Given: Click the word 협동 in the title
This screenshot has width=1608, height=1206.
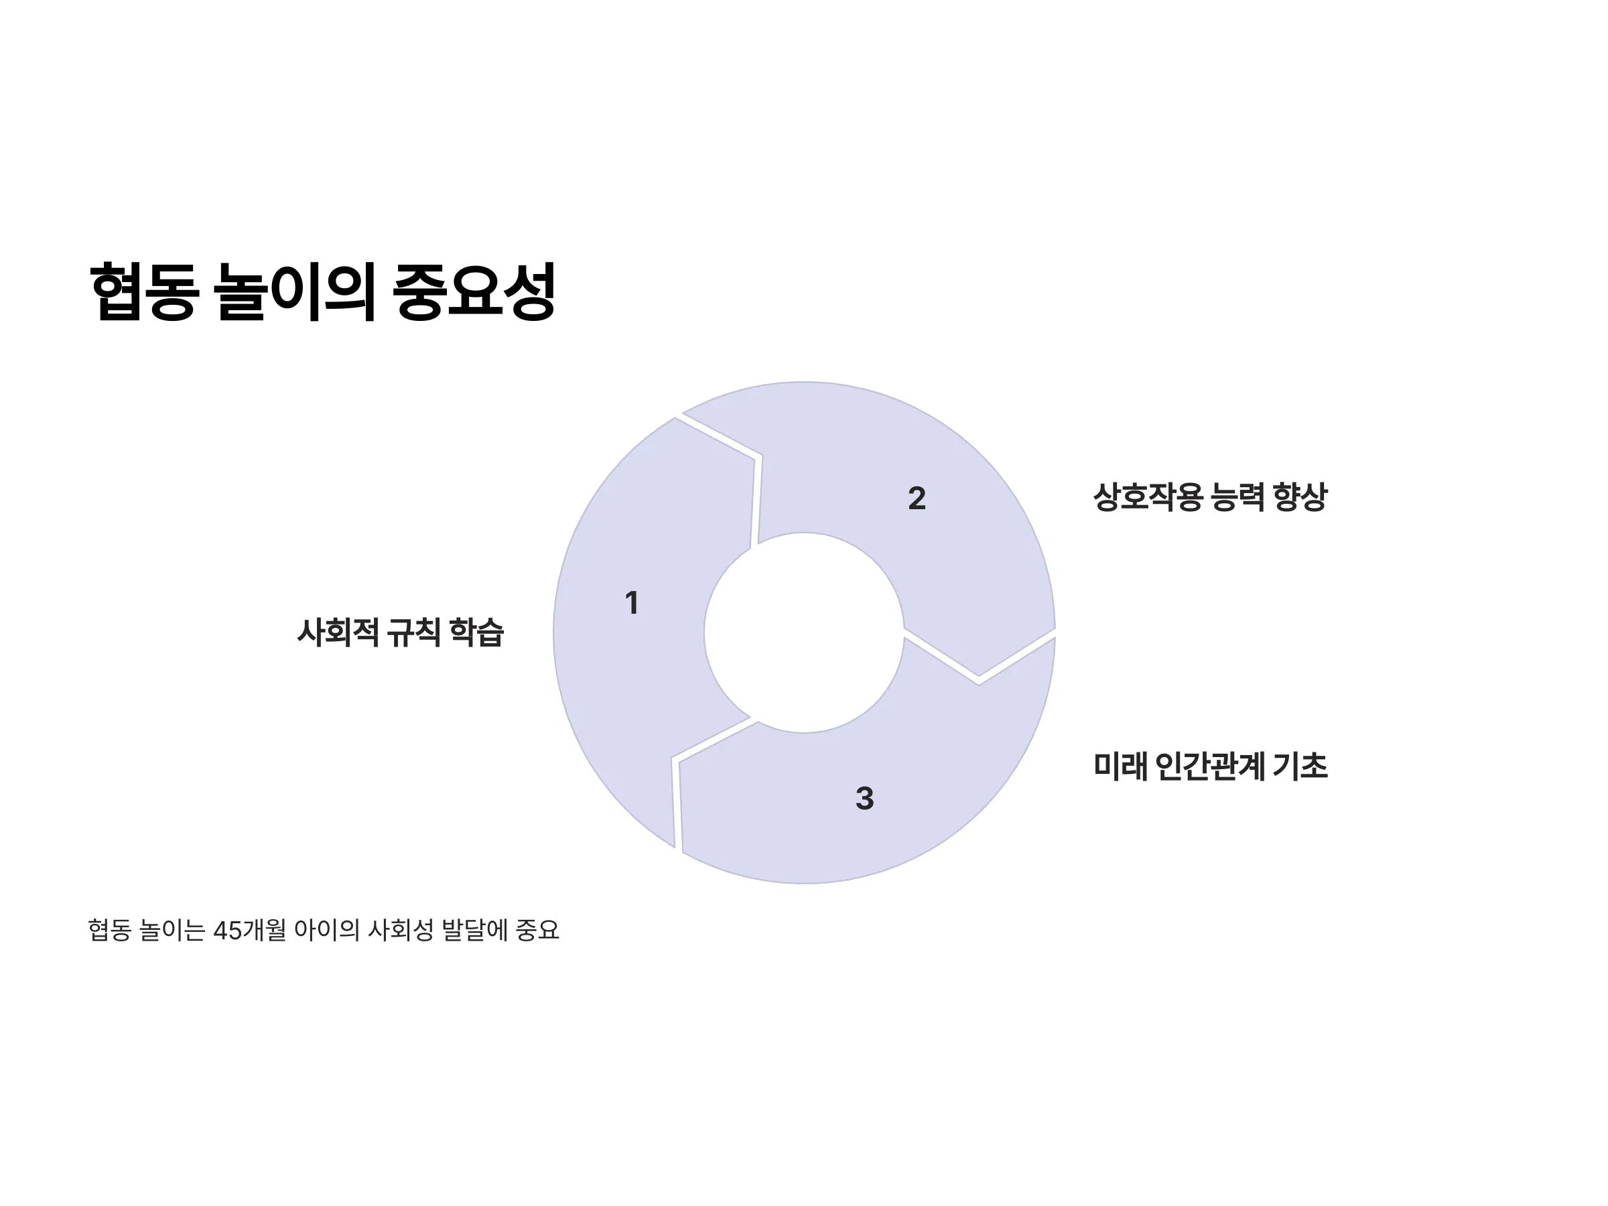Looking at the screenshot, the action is tap(144, 291).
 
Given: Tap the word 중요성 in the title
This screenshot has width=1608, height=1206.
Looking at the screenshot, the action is tap(474, 291).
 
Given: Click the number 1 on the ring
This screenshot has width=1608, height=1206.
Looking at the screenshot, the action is tap(632, 602).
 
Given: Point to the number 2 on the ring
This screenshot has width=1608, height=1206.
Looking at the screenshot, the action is tap(917, 498).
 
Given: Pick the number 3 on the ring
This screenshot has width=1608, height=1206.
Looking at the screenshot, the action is tap(864, 798).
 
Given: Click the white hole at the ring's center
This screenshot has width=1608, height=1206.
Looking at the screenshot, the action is tap(804, 632).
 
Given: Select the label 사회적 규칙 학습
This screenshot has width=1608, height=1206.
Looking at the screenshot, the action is tap(401, 632).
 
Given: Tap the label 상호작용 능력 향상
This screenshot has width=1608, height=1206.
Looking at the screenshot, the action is tap(1211, 497).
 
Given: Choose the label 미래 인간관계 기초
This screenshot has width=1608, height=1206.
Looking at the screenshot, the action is tap(1211, 766).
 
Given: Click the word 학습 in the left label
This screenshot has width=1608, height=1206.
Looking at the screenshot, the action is tap(477, 632).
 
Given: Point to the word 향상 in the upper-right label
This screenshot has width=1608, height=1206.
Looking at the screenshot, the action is tap(1300, 497).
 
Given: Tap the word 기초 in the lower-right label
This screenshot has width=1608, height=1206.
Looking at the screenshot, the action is tap(1300, 766).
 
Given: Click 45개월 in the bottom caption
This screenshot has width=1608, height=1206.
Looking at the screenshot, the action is tap(249, 931).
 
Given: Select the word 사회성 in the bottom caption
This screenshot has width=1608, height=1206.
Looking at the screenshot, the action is tap(401, 931).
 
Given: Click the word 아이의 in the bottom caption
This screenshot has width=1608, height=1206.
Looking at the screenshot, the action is tap(327, 931).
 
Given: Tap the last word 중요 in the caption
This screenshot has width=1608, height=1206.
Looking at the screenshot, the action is tap(537, 931).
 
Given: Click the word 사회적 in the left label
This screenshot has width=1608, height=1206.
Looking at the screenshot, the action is tap(338, 632).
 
